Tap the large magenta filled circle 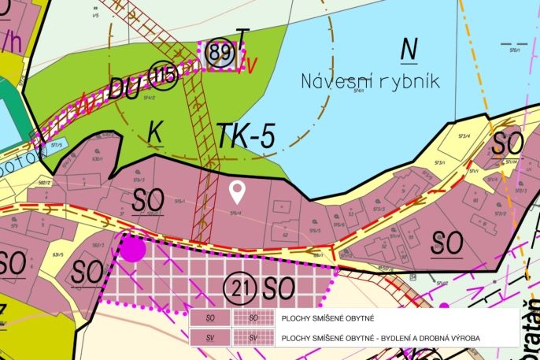tap(132, 249)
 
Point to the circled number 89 tap(221, 53)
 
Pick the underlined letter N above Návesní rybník tap(408, 49)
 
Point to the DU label tap(126, 89)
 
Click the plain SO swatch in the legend tap(210, 318)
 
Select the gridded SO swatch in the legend tap(253, 318)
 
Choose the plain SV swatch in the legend tap(210, 338)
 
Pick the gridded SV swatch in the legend tap(253, 338)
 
